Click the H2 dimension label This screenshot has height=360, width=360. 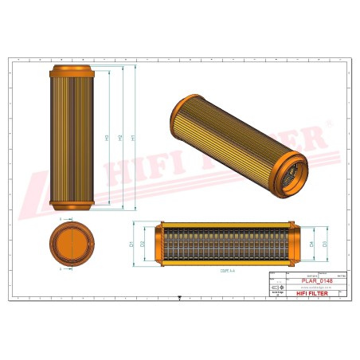tap(119, 138)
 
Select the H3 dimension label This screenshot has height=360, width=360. tap(107, 138)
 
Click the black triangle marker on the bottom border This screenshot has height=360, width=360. tap(180, 299)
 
